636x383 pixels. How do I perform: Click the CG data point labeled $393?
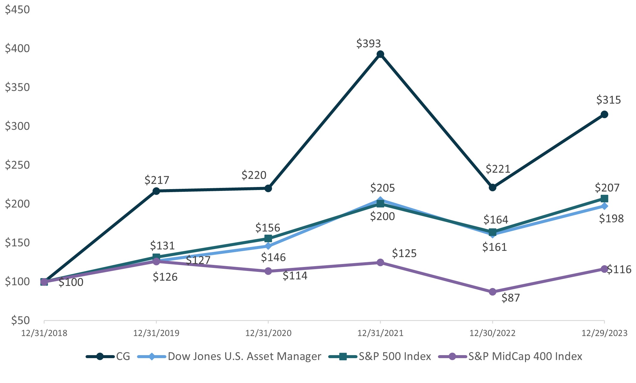(380, 54)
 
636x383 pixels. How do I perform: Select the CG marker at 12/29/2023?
(604, 114)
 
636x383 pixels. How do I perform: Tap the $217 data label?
(157, 180)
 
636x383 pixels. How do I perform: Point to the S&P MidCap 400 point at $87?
(492, 292)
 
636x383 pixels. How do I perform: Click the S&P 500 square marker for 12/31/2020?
(268, 239)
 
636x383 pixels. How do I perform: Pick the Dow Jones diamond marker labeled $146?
(268, 246)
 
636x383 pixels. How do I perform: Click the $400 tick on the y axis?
(17, 48)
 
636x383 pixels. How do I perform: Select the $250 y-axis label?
(17, 165)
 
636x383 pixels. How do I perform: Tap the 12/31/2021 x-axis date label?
(380, 333)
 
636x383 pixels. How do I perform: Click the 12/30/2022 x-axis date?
(492, 333)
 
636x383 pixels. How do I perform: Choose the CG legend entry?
(123, 356)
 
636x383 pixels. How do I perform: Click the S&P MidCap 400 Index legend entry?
(525, 356)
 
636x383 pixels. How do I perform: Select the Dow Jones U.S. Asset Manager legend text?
(244, 356)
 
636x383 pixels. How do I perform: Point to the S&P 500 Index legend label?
(395, 356)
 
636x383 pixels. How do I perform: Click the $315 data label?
(608, 100)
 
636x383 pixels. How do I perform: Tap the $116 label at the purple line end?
(619, 269)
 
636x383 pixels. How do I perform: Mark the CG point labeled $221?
(492, 188)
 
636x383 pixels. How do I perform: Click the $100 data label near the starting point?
(71, 282)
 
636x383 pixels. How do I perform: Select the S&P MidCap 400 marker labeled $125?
(380, 263)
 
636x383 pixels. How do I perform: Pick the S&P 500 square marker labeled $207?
(604, 199)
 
